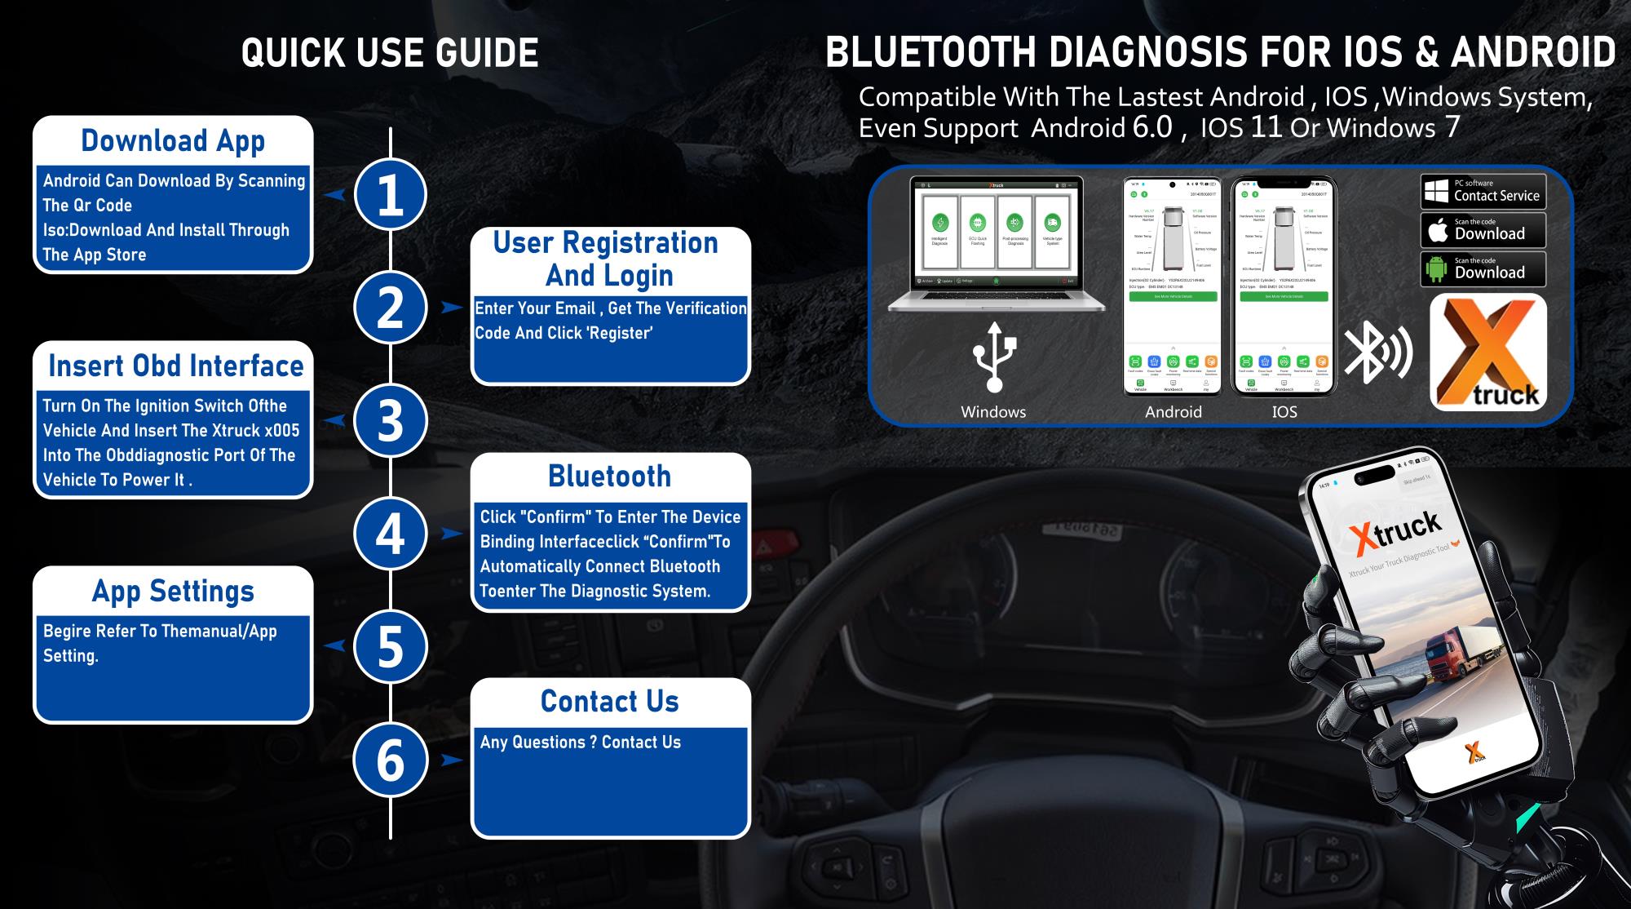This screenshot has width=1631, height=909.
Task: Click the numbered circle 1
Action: tap(390, 195)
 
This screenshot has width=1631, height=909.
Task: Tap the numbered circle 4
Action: tap(390, 534)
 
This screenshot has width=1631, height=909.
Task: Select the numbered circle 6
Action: tap(390, 760)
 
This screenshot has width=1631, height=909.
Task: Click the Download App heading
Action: tap(173, 140)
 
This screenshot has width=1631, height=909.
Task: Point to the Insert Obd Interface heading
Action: tap(175, 366)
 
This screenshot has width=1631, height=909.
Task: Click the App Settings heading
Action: tap(173, 591)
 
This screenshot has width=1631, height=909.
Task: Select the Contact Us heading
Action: tap(609, 701)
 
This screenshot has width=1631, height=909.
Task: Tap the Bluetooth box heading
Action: tap(609, 476)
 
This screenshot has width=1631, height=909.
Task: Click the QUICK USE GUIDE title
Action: tap(390, 53)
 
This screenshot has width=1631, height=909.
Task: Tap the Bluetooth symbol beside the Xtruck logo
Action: tap(1377, 353)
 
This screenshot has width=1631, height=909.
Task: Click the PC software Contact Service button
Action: tap(1483, 191)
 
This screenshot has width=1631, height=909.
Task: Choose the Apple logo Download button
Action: tap(1483, 230)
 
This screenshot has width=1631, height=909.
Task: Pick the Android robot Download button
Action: tap(1483, 268)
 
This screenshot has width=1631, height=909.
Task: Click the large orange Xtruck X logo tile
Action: tap(1488, 352)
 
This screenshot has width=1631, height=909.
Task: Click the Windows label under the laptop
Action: tap(993, 412)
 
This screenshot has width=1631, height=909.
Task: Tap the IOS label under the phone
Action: tap(1284, 412)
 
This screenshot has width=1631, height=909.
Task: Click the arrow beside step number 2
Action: tap(451, 308)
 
